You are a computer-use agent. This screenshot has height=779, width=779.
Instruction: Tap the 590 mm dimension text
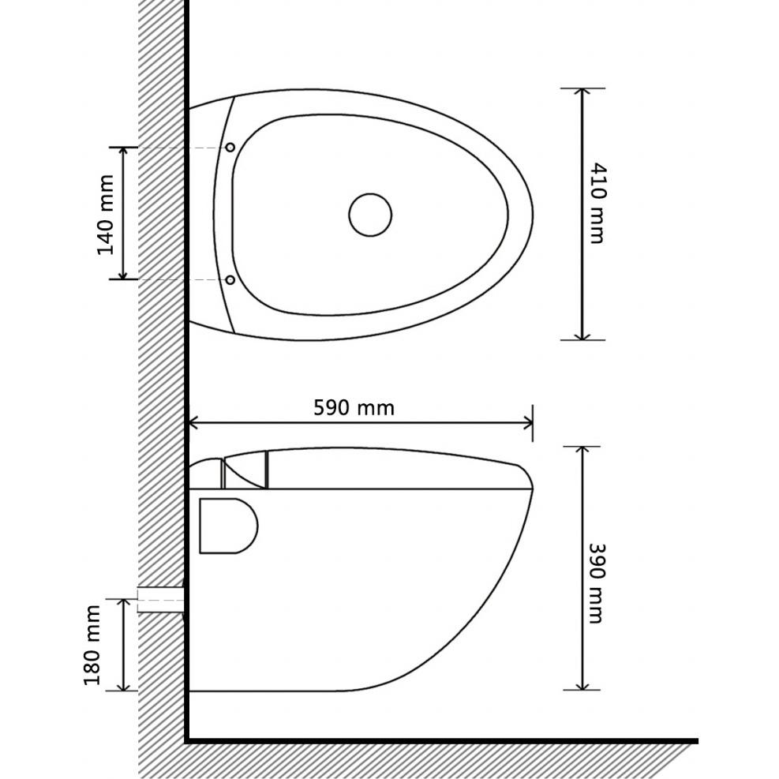click(x=354, y=408)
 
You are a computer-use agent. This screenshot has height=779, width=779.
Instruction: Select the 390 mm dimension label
click(x=596, y=583)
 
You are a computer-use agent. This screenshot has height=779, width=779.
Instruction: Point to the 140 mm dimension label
click(x=105, y=215)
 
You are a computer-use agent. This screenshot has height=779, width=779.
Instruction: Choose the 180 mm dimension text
click(x=92, y=645)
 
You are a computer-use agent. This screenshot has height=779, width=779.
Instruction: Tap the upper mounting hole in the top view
click(x=230, y=147)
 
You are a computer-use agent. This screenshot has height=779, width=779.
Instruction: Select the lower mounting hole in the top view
click(x=230, y=279)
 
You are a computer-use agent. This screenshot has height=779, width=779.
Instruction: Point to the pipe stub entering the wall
click(x=161, y=600)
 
